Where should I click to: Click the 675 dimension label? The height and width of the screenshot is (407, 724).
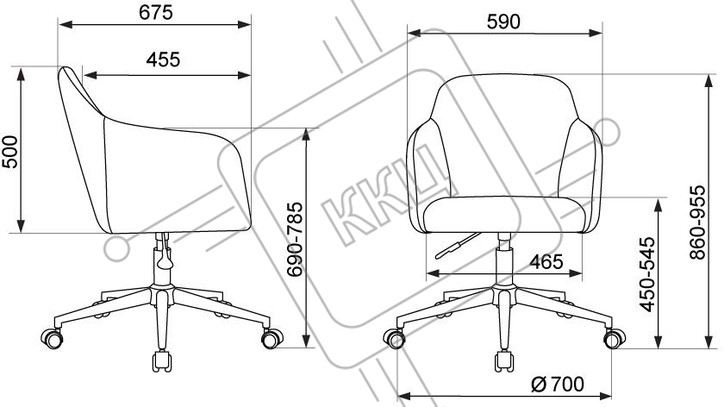[x=156, y=12]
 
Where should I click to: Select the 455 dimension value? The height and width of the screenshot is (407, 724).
[x=163, y=59]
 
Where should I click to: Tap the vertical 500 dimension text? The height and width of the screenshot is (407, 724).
[x=9, y=152]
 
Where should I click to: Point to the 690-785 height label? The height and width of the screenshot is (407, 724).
[x=295, y=239]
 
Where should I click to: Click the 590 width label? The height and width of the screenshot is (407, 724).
[x=503, y=22]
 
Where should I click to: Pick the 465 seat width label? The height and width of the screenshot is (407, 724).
[x=546, y=262]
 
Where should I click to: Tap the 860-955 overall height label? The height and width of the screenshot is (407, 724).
[x=697, y=222]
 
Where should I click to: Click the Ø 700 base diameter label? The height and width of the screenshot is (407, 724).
[x=558, y=384]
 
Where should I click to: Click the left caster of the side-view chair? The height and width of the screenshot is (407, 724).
[x=52, y=338]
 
